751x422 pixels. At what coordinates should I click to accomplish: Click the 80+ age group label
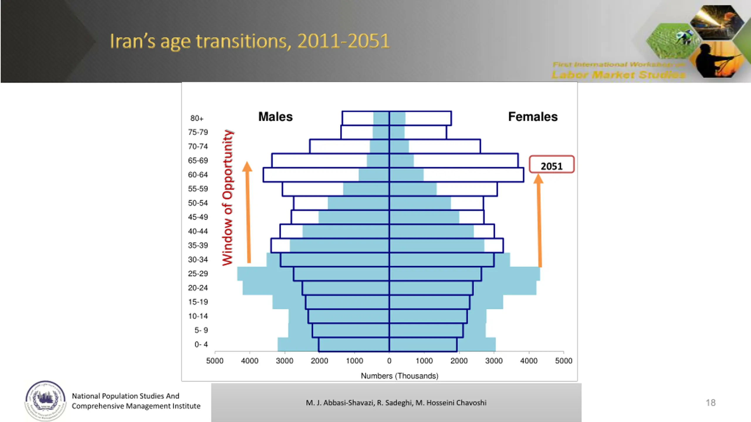197,118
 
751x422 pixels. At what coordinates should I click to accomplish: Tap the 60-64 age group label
198,175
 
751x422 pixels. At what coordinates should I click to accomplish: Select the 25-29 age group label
198,274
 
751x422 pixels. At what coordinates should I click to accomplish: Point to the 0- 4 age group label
201,344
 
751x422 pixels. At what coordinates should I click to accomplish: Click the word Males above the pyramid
275,117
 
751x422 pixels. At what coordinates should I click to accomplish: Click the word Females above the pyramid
533,117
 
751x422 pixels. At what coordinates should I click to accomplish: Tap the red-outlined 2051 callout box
552,164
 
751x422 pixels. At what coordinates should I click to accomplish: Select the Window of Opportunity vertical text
228,198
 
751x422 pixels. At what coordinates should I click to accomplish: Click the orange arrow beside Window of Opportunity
248,212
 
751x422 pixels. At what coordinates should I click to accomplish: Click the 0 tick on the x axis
389,361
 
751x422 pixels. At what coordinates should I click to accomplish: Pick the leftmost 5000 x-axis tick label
215,361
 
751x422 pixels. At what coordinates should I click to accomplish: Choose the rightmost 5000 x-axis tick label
564,361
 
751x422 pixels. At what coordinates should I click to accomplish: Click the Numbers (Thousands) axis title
399,376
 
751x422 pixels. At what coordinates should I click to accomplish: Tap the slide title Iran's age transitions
249,41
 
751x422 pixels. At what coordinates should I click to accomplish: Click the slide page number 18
711,403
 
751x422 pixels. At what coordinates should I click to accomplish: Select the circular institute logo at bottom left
45,400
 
